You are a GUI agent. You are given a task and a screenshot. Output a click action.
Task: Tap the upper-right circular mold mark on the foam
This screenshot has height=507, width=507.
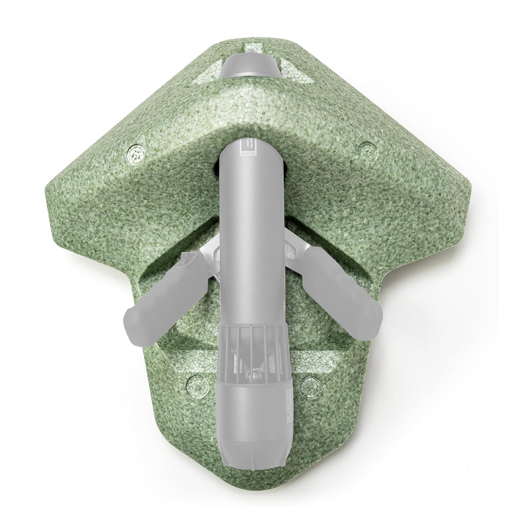tap(366, 150)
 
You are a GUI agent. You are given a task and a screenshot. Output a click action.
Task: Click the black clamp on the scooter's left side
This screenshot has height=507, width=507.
tap(218, 170)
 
